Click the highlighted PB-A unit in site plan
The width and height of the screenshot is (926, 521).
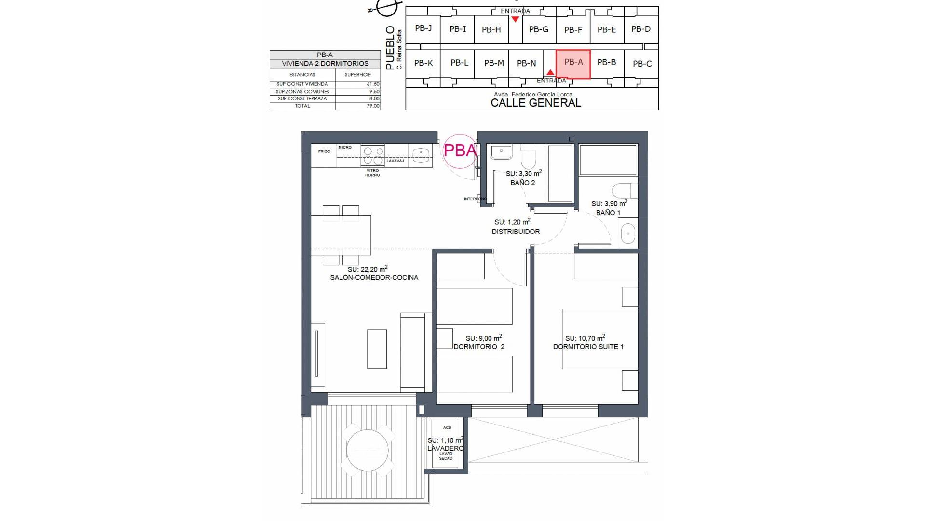click(x=573, y=63)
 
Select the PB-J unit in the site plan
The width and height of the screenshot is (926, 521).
click(x=423, y=28)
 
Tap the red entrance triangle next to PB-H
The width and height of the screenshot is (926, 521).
click(x=515, y=19)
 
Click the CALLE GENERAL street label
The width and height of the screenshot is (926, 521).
click(x=535, y=103)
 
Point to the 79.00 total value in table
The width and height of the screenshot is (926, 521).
click(x=372, y=106)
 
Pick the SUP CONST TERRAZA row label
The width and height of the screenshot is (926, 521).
click(x=302, y=99)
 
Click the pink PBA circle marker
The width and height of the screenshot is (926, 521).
click(x=460, y=151)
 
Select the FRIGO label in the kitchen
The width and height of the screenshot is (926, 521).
click(x=324, y=151)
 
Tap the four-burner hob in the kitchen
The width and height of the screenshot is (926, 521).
click(x=373, y=155)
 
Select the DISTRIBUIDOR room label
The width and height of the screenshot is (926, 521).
click(x=516, y=232)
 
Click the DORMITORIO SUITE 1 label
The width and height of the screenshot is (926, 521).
click(x=588, y=347)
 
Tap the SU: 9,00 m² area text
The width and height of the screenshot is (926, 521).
click(x=483, y=338)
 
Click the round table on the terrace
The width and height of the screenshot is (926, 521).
click(x=367, y=450)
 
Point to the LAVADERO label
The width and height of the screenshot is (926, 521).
click(x=445, y=448)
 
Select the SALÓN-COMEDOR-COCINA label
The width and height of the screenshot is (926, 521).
click(x=374, y=278)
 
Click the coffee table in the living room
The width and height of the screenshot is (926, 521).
click(x=377, y=349)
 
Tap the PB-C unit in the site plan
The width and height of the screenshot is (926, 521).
click(x=641, y=64)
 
